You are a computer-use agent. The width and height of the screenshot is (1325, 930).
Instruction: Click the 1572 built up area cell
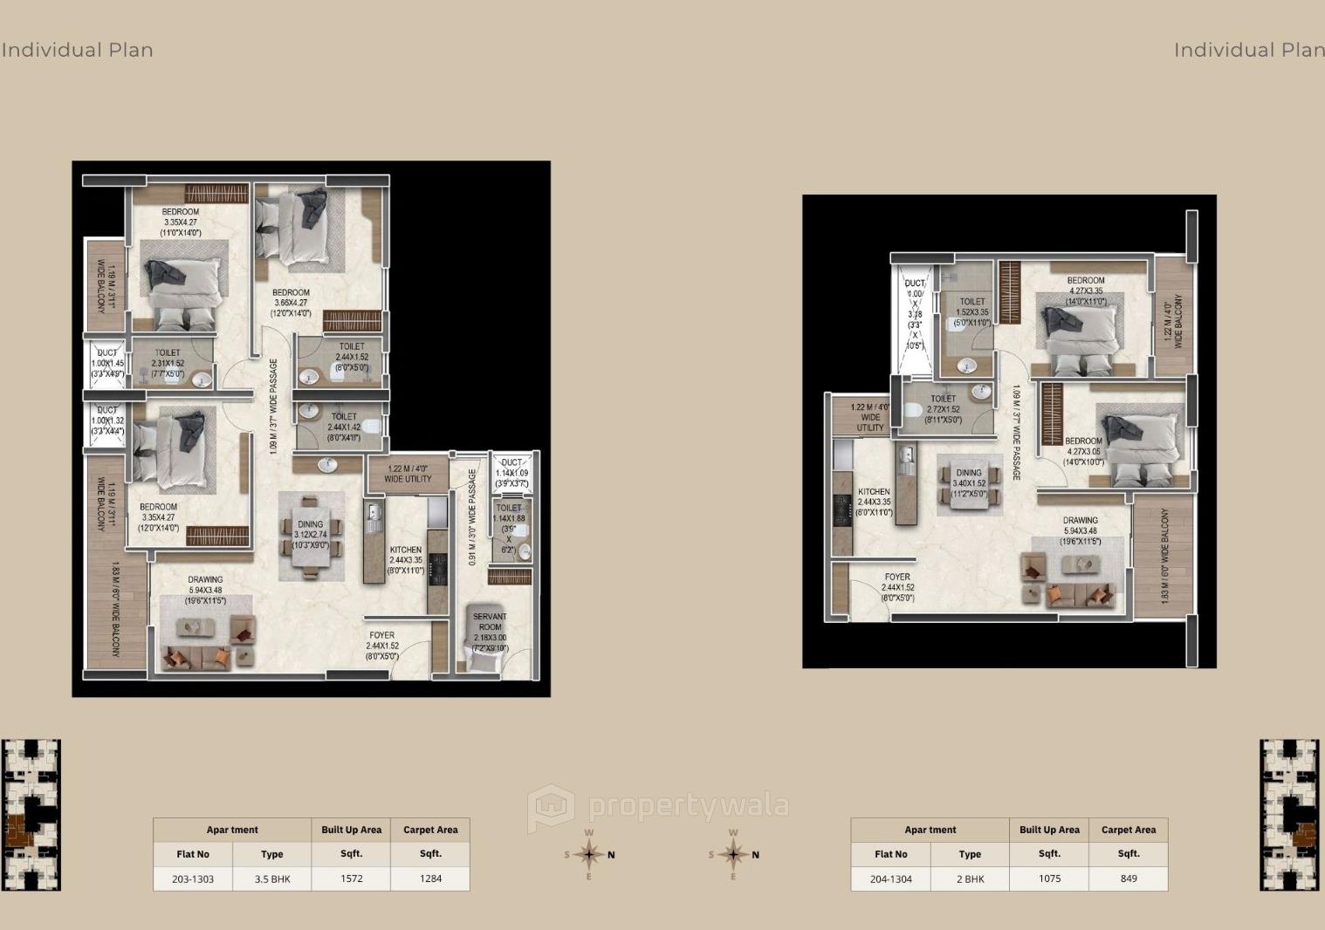351,879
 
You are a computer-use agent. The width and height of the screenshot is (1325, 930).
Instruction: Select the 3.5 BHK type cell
272,879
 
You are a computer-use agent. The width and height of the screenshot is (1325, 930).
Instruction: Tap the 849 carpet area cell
1128,879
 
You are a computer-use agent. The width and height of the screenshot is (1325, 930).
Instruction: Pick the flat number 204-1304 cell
890,879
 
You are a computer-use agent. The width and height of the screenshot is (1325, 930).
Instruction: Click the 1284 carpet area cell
430,879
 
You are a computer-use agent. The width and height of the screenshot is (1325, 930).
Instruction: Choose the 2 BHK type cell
970,879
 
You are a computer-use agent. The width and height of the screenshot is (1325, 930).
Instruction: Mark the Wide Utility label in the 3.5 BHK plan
408,474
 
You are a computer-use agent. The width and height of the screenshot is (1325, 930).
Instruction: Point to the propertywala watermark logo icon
551,807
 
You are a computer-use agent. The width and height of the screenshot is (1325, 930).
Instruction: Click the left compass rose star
589,854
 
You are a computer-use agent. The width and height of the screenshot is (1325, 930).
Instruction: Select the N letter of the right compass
755,855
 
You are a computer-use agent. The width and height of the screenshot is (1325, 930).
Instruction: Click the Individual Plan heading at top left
77,50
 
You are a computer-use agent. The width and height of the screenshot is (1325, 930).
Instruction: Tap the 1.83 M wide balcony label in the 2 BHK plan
1164,557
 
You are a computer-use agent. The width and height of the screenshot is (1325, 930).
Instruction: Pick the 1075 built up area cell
1049,879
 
